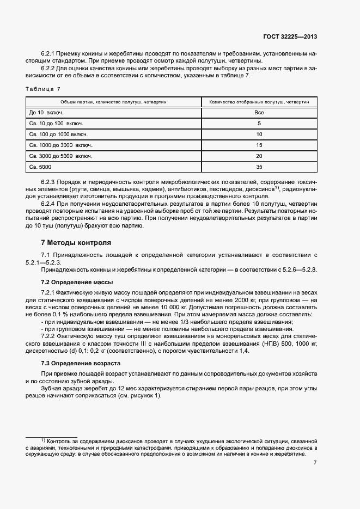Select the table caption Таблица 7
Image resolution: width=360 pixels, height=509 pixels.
point(43,89)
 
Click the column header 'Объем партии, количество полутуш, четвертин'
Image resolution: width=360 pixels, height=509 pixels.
point(113,102)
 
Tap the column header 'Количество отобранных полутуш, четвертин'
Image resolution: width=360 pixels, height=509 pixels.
point(259,102)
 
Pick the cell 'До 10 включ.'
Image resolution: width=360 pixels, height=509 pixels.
point(46,112)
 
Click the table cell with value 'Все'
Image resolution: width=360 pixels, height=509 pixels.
point(259,112)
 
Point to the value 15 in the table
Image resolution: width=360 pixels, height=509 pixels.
point(259,145)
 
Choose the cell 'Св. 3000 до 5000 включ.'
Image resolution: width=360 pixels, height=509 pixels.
point(60,156)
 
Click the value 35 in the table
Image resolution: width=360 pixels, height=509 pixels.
point(259,167)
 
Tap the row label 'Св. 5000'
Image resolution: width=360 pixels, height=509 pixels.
point(40,167)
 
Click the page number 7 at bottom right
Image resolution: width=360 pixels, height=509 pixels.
point(315,463)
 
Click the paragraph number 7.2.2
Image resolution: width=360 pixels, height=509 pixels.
point(51,336)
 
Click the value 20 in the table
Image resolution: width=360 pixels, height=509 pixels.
point(259,156)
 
